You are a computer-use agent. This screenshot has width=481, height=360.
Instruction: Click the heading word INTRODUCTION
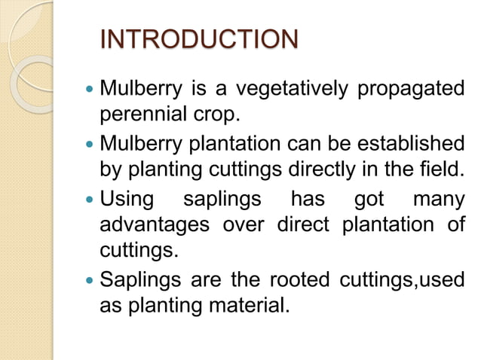199,38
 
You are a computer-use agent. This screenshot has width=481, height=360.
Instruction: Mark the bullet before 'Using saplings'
90,201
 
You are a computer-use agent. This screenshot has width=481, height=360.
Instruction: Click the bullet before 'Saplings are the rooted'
90,283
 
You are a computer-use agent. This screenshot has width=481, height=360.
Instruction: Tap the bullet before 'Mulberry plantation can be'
90,144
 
